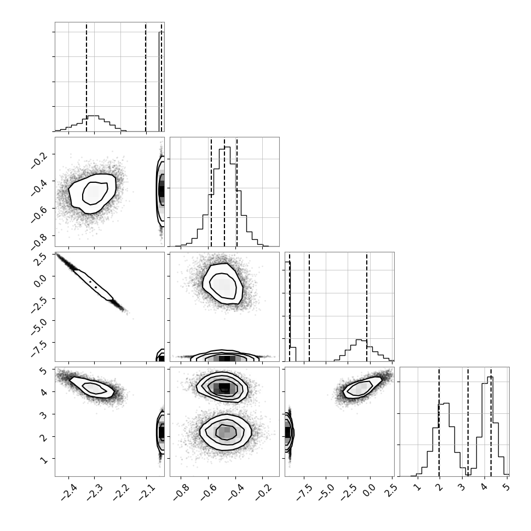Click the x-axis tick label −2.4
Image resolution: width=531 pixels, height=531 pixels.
69,492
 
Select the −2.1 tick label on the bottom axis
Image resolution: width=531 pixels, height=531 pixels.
146,492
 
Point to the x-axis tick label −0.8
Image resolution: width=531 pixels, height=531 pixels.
181,492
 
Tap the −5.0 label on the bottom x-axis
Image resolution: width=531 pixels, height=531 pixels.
326,492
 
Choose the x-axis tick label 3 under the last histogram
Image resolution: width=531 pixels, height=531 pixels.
461,487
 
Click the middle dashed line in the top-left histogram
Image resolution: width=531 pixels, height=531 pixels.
146,77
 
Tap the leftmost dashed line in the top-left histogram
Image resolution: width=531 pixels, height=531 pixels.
86,77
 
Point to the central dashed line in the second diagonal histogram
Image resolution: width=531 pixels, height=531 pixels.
224,192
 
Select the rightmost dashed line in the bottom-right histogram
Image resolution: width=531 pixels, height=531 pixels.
490,422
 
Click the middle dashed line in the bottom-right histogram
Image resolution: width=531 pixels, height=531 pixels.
467,422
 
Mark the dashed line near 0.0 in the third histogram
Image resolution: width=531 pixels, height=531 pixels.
366,307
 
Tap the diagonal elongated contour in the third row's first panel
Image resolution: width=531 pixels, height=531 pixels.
93,285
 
